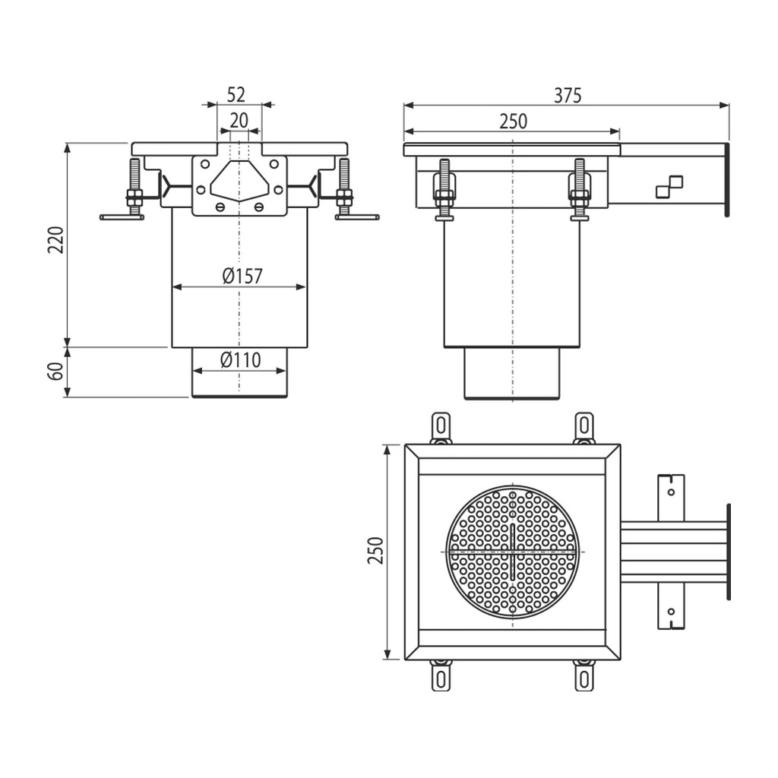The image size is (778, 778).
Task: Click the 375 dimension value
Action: tap(568, 95)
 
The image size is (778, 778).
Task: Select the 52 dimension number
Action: tap(236, 94)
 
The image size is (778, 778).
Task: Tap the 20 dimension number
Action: tap(239, 120)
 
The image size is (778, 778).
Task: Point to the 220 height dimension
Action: tap(56, 239)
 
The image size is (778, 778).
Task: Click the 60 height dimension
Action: tap(57, 371)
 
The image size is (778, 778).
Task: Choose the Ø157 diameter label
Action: tap(242, 276)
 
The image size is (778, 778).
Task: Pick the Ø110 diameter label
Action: tap(241, 359)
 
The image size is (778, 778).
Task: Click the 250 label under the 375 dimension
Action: tap(513, 122)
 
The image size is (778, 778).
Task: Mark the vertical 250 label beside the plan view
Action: tap(375, 550)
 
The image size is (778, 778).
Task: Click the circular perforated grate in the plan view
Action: tap(513, 552)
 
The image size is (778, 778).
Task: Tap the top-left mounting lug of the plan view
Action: tap(441, 428)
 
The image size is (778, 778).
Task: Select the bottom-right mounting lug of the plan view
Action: tap(584, 675)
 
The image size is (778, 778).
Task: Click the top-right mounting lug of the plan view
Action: tap(584, 428)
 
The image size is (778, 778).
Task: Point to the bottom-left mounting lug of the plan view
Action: tap(441, 675)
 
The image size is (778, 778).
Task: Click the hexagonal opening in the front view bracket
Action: tap(239, 181)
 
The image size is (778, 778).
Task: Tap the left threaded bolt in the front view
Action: tap(134, 188)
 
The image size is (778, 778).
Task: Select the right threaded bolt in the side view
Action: tap(579, 189)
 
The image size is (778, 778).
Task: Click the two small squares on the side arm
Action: tap(669, 187)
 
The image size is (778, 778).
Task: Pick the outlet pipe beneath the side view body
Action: tap(512, 373)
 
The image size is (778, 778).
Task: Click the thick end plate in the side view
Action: tap(728, 179)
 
